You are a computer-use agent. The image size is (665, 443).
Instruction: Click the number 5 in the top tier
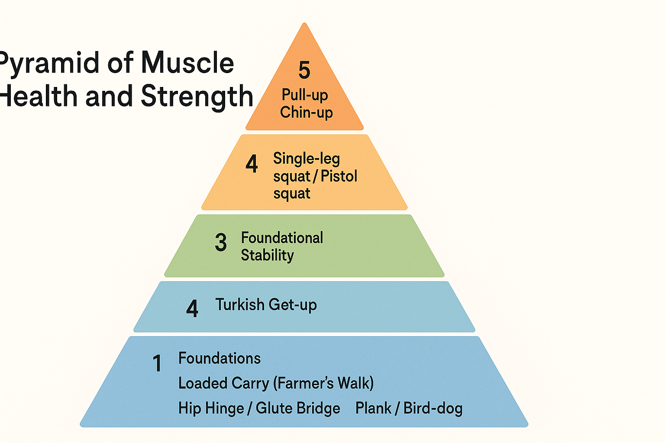pos(304,70)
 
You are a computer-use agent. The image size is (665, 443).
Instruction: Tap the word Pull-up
pos(305,95)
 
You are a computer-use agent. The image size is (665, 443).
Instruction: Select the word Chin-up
pos(306,112)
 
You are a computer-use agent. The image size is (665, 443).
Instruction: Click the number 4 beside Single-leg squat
pos(252,164)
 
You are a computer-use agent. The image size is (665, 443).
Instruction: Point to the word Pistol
pos(339,176)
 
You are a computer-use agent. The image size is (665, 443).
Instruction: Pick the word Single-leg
pos(306,159)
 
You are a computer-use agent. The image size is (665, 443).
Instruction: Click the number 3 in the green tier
pos(221,242)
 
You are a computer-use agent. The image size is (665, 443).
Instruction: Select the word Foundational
pos(282,238)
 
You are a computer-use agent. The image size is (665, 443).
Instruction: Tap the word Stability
pos(267,255)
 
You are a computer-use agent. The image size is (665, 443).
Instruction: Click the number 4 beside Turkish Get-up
pos(192,309)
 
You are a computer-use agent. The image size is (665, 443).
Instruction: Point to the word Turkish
pos(240,305)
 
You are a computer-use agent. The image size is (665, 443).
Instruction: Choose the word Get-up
pos(293,305)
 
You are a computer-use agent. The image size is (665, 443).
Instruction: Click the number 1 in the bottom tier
pos(157,363)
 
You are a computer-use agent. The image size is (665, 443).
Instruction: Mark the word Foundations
pos(220,358)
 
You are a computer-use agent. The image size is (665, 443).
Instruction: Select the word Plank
pos(373,408)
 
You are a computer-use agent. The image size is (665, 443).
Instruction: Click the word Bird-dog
pos(433,408)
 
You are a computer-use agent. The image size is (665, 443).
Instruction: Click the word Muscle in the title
pos(187,63)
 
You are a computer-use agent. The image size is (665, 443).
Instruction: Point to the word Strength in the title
pos(197,96)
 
